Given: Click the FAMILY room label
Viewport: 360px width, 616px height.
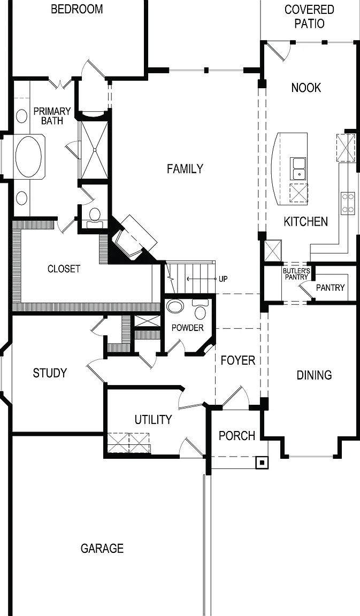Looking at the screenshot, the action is pyautogui.click(x=185, y=169).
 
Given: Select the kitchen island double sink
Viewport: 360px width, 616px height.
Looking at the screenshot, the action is pyautogui.click(x=299, y=168).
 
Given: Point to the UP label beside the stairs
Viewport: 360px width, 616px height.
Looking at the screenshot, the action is pyautogui.click(x=223, y=279).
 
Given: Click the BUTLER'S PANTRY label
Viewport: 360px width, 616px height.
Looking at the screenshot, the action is pyautogui.click(x=297, y=274).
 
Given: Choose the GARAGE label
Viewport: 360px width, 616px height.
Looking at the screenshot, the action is pyautogui.click(x=102, y=549).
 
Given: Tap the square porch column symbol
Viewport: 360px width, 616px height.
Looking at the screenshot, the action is pyautogui.click(x=262, y=463).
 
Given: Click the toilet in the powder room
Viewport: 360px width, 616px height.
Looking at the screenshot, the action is pyautogui.click(x=201, y=310).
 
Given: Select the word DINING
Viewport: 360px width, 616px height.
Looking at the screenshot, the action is pyautogui.click(x=314, y=375).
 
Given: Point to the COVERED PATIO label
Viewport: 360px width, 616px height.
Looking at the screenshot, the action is pyautogui.click(x=310, y=17).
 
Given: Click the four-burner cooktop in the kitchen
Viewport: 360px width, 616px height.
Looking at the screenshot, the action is pyautogui.click(x=347, y=202).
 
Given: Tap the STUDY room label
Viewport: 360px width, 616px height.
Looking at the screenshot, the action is pyautogui.click(x=50, y=373).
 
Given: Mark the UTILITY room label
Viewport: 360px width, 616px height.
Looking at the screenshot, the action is pyautogui.click(x=154, y=420).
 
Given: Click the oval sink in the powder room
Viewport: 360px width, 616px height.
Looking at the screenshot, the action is pyautogui.click(x=175, y=306).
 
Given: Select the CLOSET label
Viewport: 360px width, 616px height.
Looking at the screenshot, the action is pyautogui.click(x=64, y=269).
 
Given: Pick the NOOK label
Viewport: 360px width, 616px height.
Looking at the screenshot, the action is pyautogui.click(x=306, y=88).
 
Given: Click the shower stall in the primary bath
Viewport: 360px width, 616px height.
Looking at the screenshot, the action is pyautogui.click(x=94, y=150).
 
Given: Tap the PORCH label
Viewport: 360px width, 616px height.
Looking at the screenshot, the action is pyautogui.click(x=237, y=436).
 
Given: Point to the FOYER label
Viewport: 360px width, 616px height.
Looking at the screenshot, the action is pyautogui.click(x=238, y=360).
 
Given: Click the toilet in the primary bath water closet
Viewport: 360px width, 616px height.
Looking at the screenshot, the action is pyautogui.click(x=95, y=217).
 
